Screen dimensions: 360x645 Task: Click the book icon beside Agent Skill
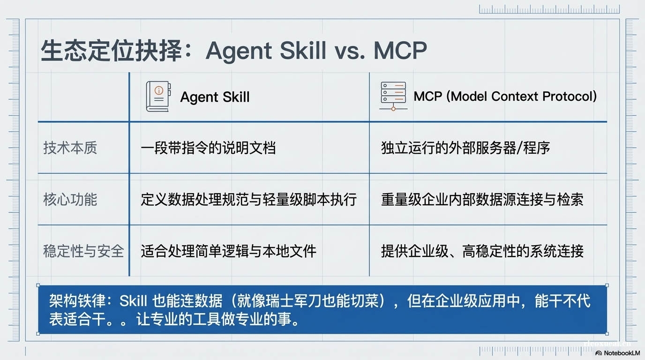157,97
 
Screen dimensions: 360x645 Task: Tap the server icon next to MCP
393,96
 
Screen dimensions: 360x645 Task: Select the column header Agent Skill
215,97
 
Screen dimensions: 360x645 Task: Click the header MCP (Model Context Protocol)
505,97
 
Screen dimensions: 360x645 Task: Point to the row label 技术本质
70,148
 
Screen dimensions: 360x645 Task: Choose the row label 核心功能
70,200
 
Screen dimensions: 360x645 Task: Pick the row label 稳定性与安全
83,251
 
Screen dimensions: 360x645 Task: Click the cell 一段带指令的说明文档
208,148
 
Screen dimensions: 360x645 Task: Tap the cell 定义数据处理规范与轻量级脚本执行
248,200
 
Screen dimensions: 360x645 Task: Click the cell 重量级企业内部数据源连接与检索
482,200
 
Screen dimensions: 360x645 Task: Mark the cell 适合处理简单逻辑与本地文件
228,251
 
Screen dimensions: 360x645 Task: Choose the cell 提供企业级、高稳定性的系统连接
482,251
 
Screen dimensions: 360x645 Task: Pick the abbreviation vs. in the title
349,51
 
